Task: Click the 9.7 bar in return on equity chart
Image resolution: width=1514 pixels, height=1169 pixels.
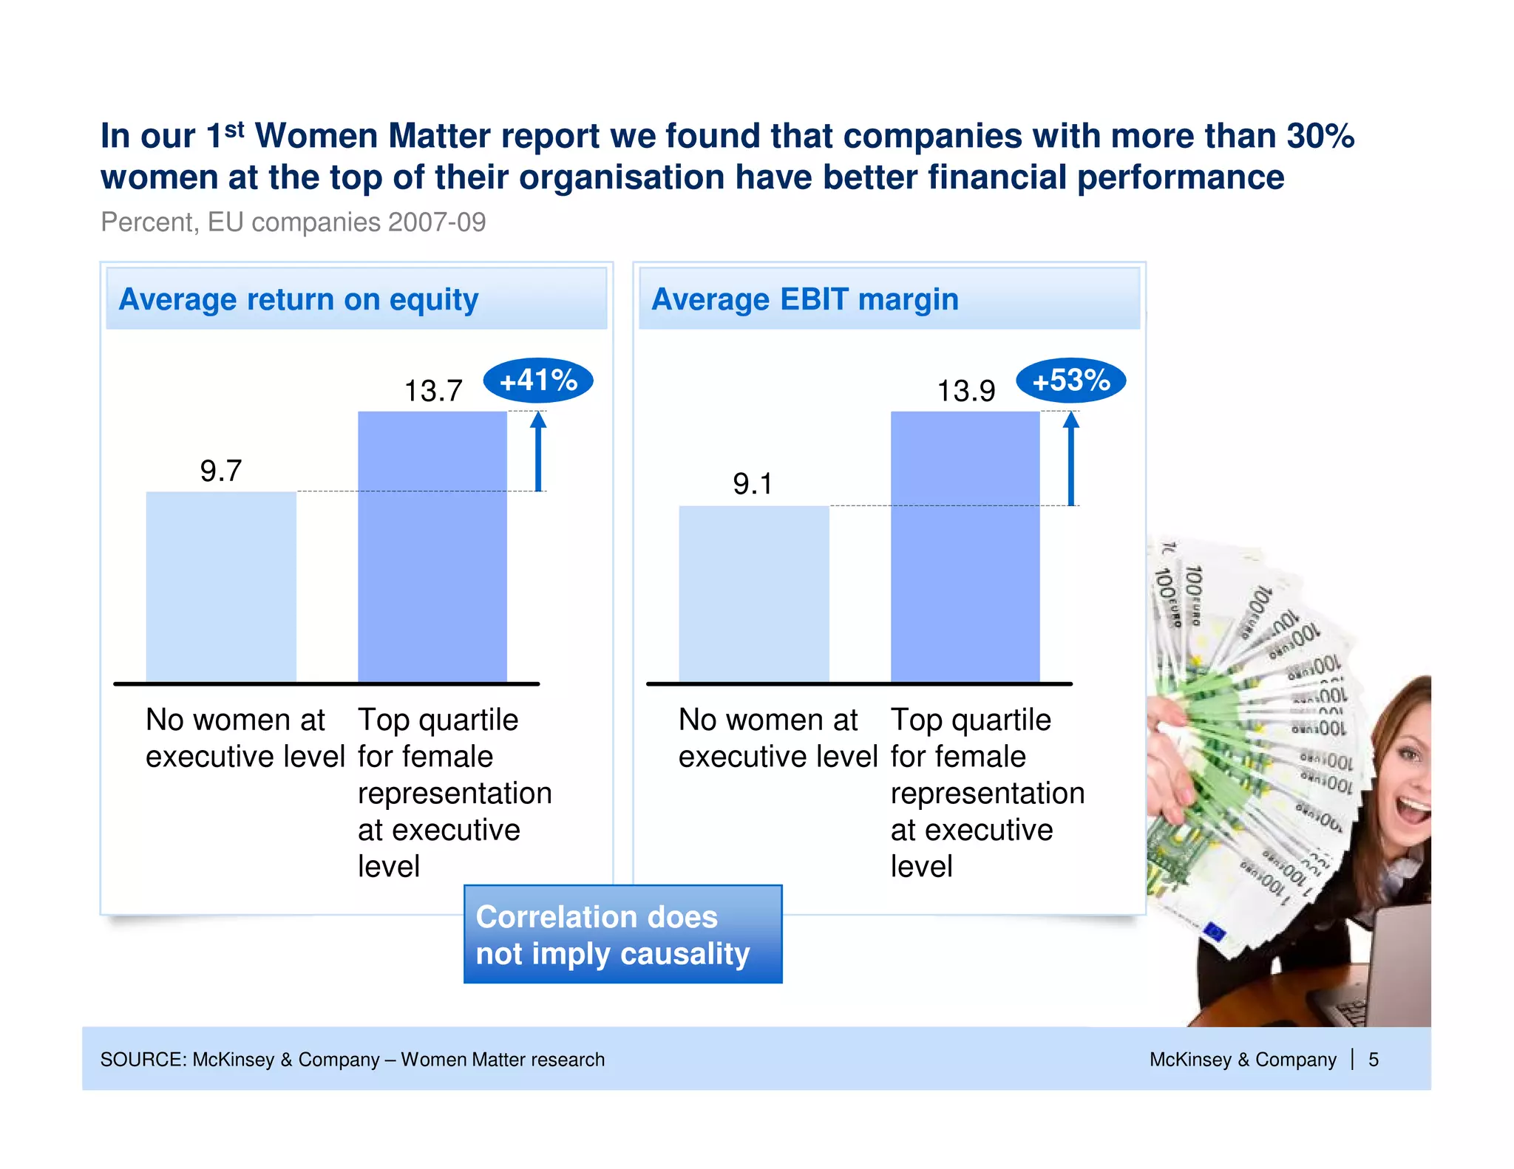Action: pos(221,587)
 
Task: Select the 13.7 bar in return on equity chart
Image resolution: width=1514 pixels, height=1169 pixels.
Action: pos(432,547)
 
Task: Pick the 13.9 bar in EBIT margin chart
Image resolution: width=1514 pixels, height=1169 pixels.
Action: pos(965,547)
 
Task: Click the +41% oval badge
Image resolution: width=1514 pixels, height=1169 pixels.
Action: pos(538,381)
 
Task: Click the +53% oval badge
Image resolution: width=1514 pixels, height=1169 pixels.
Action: pos(1070,381)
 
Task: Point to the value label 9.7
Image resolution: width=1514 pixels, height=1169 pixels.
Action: pos(221,471)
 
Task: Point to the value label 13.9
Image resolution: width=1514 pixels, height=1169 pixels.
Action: pos(965,391)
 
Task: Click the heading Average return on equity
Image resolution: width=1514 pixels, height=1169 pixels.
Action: pos(299,299)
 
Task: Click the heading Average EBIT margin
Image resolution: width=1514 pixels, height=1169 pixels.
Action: pos(804,299)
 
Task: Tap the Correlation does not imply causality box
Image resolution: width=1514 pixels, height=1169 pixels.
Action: pos(622,935)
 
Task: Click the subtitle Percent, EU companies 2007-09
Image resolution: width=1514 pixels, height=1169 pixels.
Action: pos(293,222)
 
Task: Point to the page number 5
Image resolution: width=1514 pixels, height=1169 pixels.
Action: pos(1373,1060)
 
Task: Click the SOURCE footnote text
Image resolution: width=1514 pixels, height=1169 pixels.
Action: pos(352,1060)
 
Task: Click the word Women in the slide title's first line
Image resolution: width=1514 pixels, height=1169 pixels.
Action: pos(316,136)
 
